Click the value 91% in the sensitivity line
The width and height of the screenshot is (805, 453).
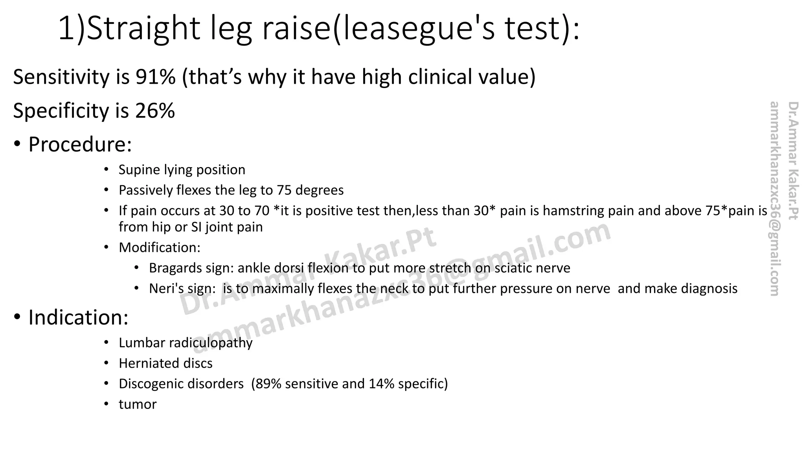pos(156,77)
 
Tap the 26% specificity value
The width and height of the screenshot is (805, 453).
pos(155,111)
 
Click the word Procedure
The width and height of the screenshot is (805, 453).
pos(80,144)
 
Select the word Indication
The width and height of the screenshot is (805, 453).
pos(78,317)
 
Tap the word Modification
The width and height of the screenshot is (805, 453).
pos(160,248)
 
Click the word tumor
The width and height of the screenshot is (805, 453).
pos(138,404)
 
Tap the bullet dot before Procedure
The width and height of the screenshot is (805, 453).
pos(17,144)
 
